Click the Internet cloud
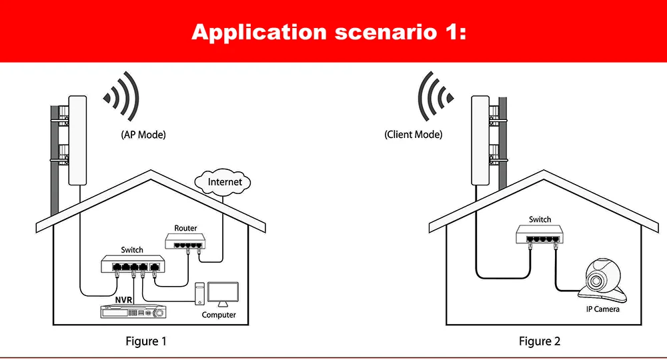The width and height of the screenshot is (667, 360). (x=225, y=181)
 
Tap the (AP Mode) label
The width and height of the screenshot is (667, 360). (x=143, y=135)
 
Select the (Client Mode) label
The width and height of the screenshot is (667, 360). (x=414, y=135)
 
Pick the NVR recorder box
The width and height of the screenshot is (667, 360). (x=132, y=311)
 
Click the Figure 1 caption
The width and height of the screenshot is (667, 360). (x=146, y=341)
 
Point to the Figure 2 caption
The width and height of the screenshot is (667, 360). (x=540, y=341)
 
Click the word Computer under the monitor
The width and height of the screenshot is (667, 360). (x=219, y=315)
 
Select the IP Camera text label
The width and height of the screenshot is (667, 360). (x=603, y=309)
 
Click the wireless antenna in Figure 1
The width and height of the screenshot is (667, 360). (x=77, y=140)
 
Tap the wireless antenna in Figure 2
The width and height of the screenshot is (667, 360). (x=480, y=140)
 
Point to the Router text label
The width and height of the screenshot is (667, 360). (x=186, y=228)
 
